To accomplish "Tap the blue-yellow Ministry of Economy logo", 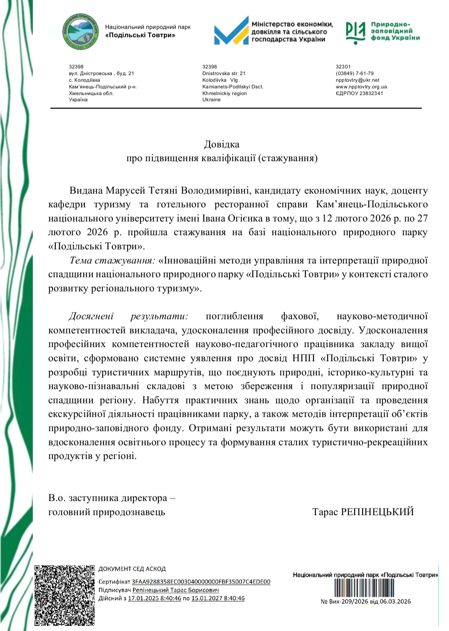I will [231, 30].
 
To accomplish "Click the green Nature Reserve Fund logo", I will [356, 32].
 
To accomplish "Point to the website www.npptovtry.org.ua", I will [361, 87].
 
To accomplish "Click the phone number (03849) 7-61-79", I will [355, 73].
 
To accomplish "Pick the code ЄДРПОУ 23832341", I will [359, 93].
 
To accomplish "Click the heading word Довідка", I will [222, 144].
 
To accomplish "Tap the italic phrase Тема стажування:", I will [112, 260].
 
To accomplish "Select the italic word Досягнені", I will [91, 316].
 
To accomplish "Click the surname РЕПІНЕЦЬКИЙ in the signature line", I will [377, 512].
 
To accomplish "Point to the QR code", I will [64, 595].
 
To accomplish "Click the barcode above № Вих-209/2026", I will [365, 589].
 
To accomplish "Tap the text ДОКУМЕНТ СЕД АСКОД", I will [132, 569].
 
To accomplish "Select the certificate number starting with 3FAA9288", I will [201, 582].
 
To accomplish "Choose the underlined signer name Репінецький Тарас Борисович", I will [175, 590].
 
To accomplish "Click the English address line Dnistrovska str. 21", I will [224, 73].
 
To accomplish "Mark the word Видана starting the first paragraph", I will [86, 191].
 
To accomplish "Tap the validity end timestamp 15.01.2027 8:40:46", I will [218, 598].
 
